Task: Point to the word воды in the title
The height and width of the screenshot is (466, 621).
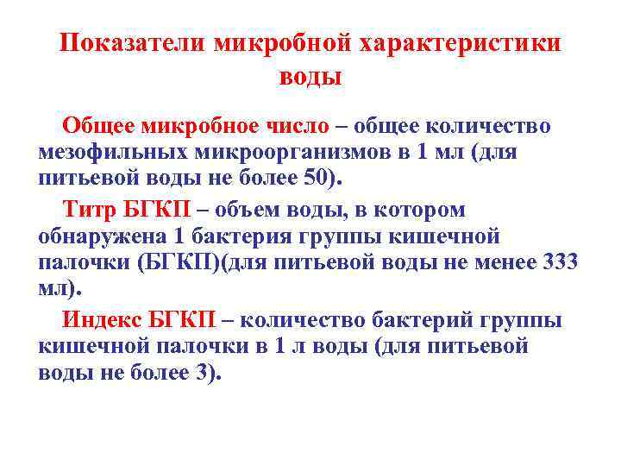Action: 310,77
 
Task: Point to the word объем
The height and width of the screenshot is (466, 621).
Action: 285,209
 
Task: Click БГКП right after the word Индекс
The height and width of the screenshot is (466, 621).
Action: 182,320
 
